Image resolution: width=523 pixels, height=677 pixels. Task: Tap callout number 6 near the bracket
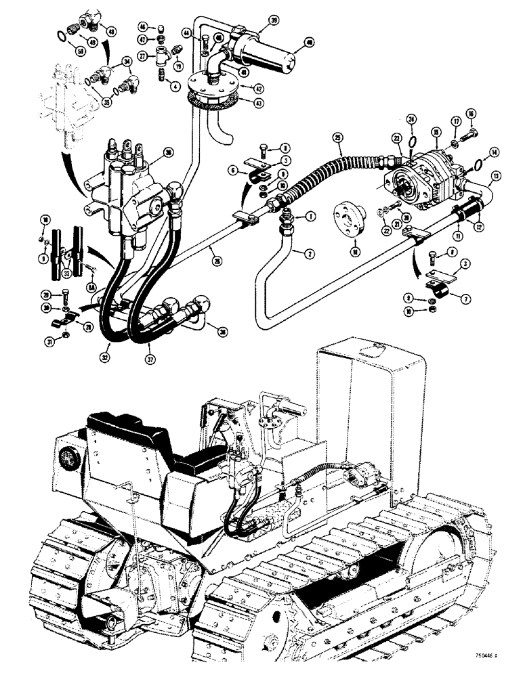pos(233,173)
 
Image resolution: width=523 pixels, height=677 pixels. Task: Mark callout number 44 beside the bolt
pos(186,32)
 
